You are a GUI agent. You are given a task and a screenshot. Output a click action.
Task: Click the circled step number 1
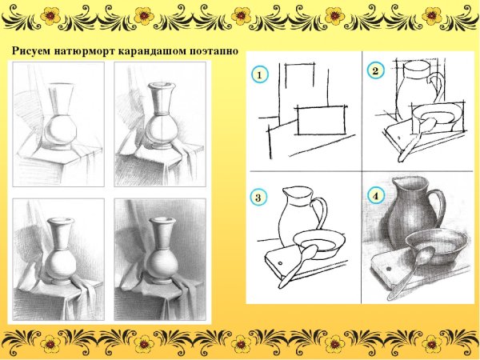click(260, 74)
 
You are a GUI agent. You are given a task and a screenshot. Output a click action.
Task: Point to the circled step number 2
click(375, 71)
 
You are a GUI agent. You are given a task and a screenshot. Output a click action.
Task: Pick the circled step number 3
click(258, 197)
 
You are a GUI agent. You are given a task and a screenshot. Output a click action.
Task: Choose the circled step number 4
click(376, 196)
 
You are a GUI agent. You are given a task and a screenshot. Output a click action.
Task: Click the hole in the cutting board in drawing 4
click(389, 269)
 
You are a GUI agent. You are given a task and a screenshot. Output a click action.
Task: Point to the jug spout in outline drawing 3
click(286, 192)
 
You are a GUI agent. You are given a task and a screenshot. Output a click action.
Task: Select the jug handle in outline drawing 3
click(322, 211)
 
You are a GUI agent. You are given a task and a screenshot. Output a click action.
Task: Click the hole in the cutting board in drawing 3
click(281, 263)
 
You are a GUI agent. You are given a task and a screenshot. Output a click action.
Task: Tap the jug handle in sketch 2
click(437, 86)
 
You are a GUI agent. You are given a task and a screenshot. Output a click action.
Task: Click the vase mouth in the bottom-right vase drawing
click(162, 221)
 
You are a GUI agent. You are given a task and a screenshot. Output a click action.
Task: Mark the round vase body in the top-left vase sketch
click(60, 130)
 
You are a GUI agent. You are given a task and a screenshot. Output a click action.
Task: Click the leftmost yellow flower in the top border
click(50, 16)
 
